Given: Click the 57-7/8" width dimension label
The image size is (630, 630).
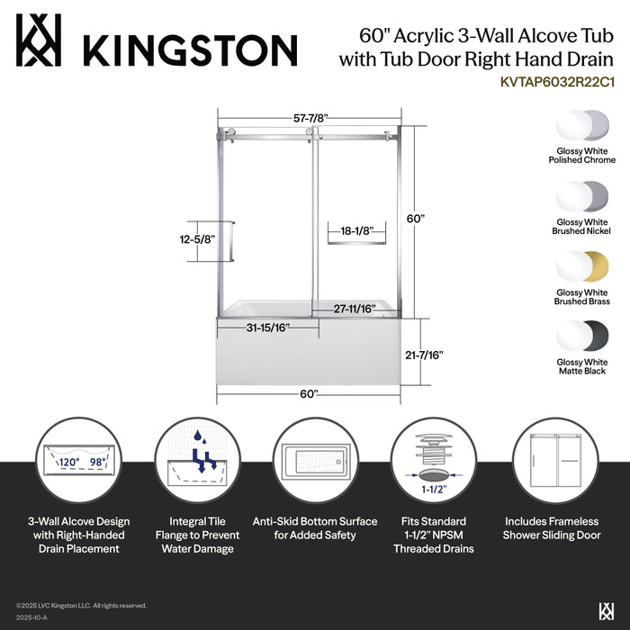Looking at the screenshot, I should pos(309,117).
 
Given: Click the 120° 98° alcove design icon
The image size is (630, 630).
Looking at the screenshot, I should pos(79,459).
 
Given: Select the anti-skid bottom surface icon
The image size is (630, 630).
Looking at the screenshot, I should pos(314,459).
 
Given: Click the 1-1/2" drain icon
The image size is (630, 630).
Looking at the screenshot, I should pos(433,459).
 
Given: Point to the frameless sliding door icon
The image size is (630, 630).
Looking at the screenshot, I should pos(552,459).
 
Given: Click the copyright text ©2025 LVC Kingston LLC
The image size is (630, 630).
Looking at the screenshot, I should pos(81,606).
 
